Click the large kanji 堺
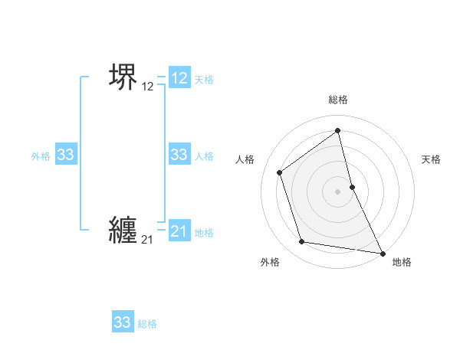pyautogui.click(x=123, y=77)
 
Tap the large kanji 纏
pyautogui.click(x=123, y=230)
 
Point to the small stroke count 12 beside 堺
pyautogui.click(x=147, y=87)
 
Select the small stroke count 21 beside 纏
pyautogui.click(x=147, y=241)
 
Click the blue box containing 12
pyautogui.click(x=179, y=78)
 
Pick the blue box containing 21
pyautogui.click(x=179, y=231)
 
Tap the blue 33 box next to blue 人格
pyautogui.click(x=179, y=155)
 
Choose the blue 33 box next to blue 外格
pyautogui.click(x=65, y=155)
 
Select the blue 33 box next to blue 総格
pyautogui.click(x=123, y=322)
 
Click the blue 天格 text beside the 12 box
pyautogui.click(x=204, y=80)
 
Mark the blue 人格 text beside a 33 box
pyautogui.click(x=204, y=156)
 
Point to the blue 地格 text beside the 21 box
pyautogui.click(x=204, y=233)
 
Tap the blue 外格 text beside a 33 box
pyautogui.click(x=41, y=156)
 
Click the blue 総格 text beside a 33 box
pyautogui.click(x=147, y=324)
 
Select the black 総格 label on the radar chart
pyautogui.click(x=338, y=100)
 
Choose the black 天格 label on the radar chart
pyautogui.click(x=431, y=159)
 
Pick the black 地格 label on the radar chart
pyautogui.click(x=402, y=262)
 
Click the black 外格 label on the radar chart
pyautogui.click(x=270, y=262)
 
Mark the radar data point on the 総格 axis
pyautogui.click(x=338, y=130)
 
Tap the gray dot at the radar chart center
pyautogui.click(x=338, y=191)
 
